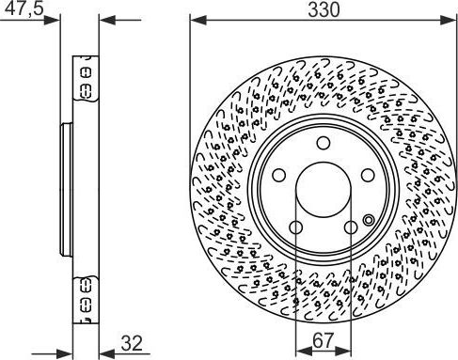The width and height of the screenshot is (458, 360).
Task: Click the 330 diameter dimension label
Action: coord(324,9)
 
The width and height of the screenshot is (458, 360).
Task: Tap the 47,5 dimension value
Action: coord(24,8)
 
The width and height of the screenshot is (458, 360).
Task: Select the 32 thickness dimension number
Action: coord(132,343)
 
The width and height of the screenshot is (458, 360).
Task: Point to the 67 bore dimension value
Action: coord(323,340)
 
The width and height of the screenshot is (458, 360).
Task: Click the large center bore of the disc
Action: coord(324,189)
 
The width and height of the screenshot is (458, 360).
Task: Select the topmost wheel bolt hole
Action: coord(324,143)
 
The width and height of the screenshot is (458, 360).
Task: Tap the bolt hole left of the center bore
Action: coord(278,175)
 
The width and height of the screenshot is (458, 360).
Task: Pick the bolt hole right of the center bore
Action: coord(368,175)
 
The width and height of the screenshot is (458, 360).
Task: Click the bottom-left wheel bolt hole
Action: coord(295,227)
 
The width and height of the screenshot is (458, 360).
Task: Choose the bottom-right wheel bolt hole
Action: coord(351,227)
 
